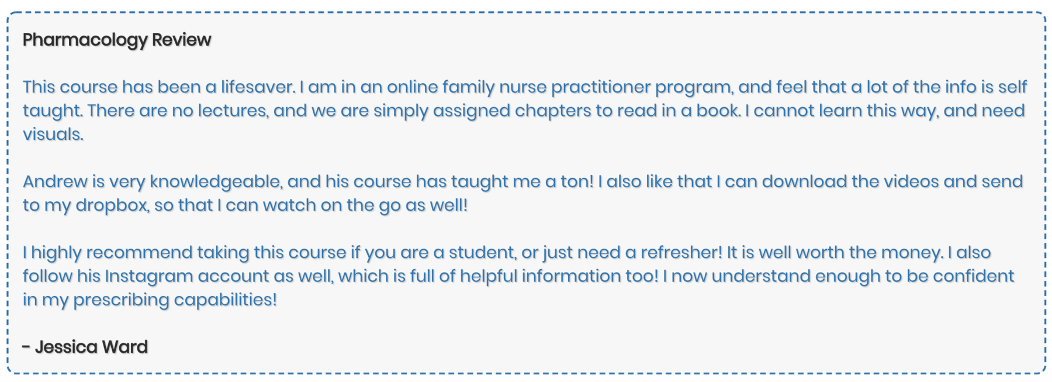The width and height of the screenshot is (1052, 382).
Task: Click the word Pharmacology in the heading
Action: tap(85, 40)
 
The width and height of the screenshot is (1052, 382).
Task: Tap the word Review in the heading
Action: tap(182, 40)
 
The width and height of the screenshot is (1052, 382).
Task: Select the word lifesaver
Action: tap(258, 87)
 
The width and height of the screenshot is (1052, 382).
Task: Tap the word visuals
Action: tap(53, 134)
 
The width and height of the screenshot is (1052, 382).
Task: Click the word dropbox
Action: tap(112, 205)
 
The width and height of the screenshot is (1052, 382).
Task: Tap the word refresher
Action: tap(681, 253)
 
